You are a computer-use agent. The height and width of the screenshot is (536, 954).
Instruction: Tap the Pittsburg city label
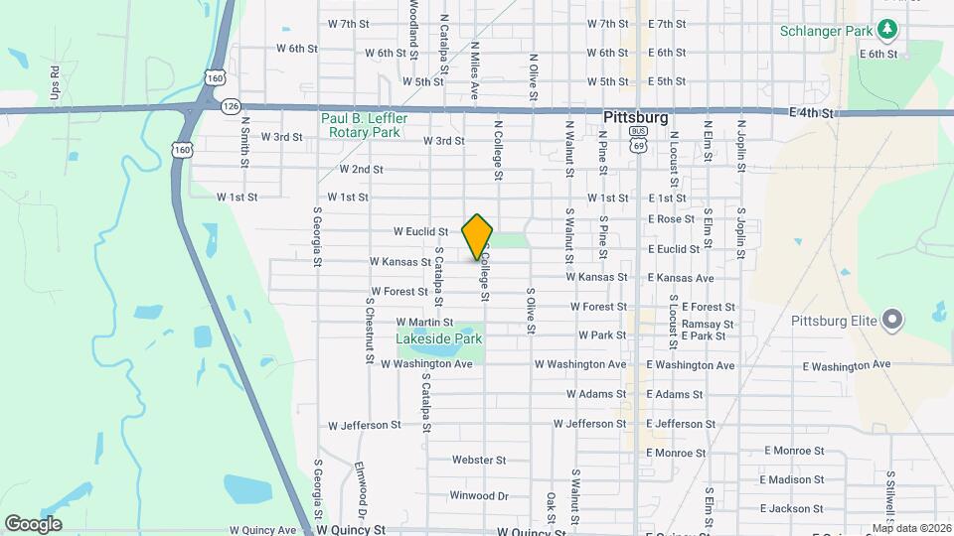coord(636,116)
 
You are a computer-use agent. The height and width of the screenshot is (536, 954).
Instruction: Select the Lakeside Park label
coord(438,338)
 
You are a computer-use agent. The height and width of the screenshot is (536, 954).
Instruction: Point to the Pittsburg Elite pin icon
coord(892,320)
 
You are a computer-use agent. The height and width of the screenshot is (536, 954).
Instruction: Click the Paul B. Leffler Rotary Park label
coord(360,124)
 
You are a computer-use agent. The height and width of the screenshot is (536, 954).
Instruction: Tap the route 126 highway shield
coord(231,105)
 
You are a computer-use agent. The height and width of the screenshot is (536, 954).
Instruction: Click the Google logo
coord(33,523)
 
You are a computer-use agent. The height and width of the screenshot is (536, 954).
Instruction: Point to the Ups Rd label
coord(56,83)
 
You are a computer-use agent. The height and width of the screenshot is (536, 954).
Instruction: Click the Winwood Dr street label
coord(479,495)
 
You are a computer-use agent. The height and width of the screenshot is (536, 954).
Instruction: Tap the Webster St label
coord(479,460)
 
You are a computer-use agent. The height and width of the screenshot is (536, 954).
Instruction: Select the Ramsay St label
coord(708,324)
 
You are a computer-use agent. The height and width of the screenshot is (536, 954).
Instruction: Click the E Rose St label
coord(671,219)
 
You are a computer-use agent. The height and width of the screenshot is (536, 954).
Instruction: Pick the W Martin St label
coord(424,322)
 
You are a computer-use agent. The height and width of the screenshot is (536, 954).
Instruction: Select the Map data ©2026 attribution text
coord(910,528)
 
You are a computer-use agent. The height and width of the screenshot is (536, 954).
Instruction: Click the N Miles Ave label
coord(475,68)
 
